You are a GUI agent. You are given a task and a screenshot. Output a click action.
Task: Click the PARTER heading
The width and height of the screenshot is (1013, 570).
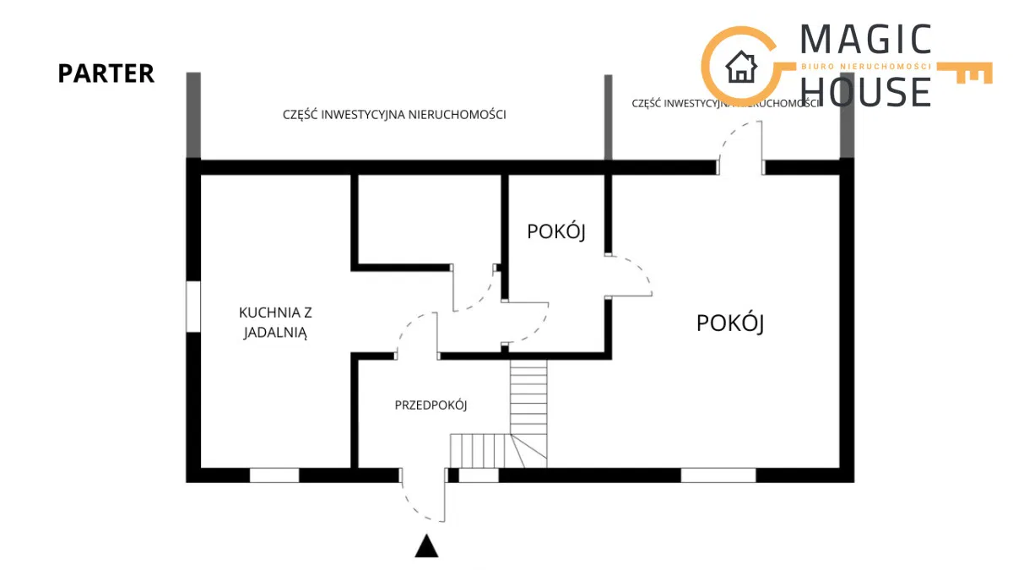(x=106, y=73)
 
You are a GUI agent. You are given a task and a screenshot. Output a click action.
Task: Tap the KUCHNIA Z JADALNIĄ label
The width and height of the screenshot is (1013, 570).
(x=275, y=322)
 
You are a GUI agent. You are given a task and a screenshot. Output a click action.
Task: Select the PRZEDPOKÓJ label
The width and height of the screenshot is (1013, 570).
(x=431, y=405)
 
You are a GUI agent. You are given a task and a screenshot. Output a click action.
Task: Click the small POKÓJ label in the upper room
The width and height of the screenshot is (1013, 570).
(x=555, y=231)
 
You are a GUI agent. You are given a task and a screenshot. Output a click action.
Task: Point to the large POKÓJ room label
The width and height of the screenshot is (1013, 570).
(x=730, y=323)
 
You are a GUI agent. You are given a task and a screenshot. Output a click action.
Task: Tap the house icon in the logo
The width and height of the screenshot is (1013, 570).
(x=741, y=67)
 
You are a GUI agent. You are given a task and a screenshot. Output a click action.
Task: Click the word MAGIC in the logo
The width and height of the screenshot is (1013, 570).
(x=865, y=41)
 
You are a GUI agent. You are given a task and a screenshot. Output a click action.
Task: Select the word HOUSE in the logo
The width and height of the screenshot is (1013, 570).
(x=865, y=90)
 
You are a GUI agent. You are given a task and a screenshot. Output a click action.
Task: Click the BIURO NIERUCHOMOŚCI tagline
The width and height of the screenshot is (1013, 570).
(x=865, y=66)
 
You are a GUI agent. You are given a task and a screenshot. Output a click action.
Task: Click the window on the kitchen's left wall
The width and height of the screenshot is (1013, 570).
(x=193, y=307)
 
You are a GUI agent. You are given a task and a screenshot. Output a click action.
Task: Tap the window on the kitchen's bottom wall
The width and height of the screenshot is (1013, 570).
(x=274, y=475)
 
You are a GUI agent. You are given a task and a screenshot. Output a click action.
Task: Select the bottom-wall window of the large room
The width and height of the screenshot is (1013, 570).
(x=718, y=475)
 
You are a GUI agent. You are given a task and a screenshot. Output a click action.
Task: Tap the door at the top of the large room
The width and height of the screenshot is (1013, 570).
(x=740, y=148)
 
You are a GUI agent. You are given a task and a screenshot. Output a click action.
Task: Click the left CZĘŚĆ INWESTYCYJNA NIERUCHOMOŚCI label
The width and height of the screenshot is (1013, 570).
(x=394, y=115)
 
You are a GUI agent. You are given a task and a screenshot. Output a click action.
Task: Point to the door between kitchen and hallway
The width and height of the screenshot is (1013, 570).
(x=415, y=334)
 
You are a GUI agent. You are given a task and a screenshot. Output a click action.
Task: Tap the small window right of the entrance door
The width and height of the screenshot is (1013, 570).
(x=479, y=475)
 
